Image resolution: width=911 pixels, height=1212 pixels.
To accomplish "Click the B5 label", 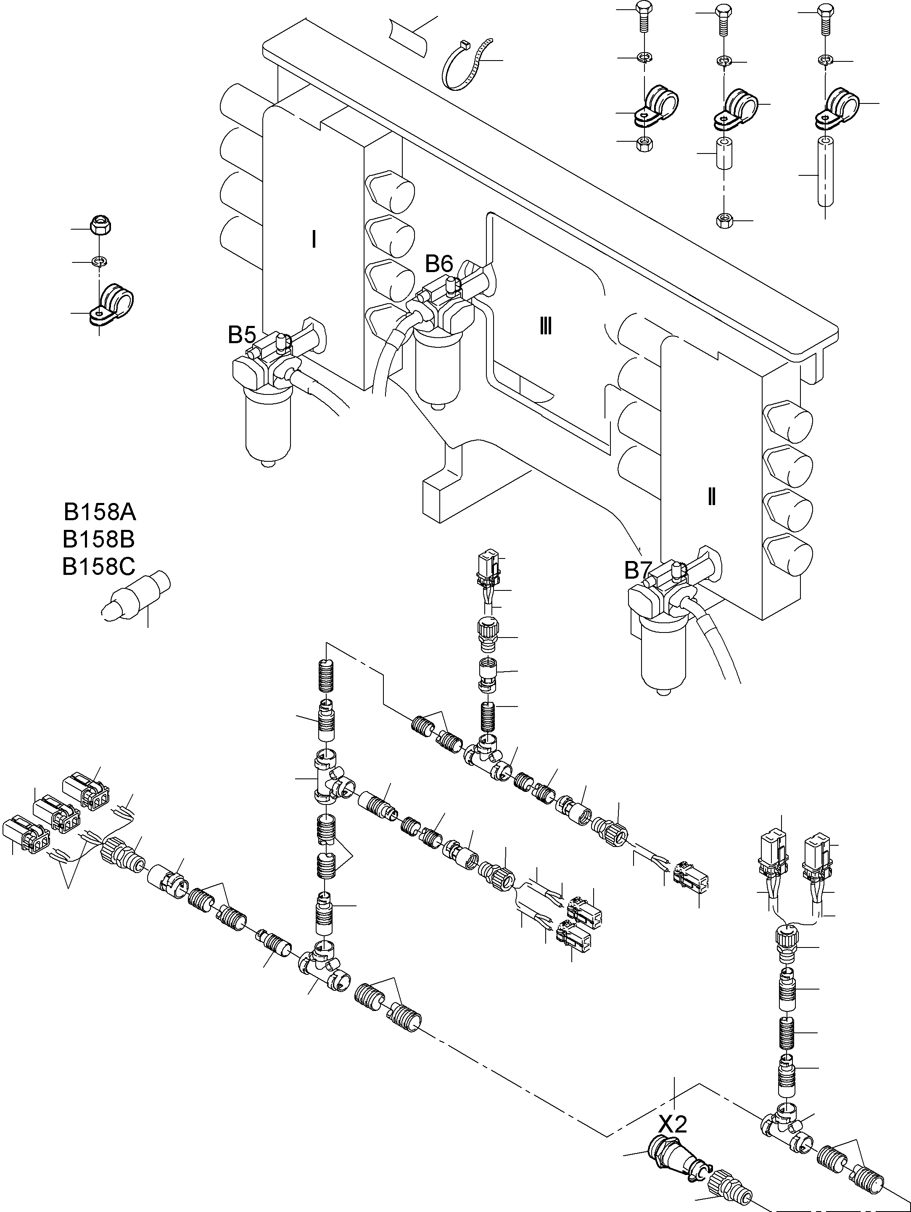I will click(x=242, y=335).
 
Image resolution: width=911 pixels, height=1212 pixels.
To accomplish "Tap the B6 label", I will click(x=439, y=264).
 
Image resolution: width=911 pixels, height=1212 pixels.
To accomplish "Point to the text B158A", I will click(x=100, y=512).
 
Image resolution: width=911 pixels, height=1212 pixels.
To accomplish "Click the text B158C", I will click(x=99, y=567).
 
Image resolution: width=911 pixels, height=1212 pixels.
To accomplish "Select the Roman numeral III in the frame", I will click(x=545, y=327).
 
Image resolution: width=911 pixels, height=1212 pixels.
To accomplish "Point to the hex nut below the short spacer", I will click(x=724, y=220).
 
